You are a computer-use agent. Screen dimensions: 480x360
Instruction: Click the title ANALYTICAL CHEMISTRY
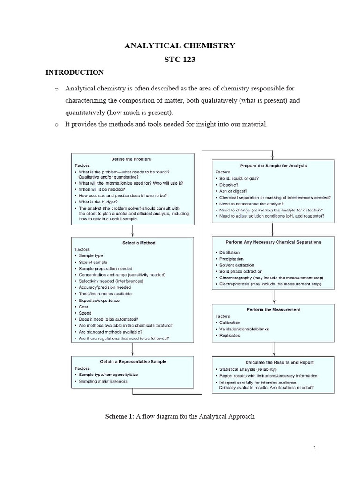180,45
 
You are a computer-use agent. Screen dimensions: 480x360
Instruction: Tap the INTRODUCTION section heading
74,72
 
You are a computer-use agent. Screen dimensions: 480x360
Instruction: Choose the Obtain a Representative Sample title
133,361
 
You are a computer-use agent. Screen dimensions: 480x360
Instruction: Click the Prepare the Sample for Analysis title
274,165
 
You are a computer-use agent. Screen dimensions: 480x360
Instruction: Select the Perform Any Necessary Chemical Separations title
274,242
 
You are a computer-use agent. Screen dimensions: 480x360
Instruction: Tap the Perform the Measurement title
274,309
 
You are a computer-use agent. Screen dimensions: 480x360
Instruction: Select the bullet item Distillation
229,253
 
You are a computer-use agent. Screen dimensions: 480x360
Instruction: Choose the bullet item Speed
85,313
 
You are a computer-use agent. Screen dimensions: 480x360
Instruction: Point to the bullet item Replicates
229,336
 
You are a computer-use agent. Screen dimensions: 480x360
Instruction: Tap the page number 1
315,448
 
